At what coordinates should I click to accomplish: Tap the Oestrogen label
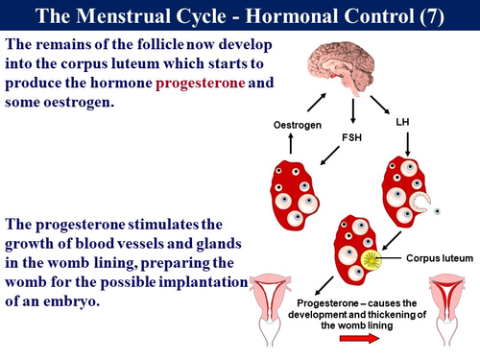pyautogui.click(x=297, y=124)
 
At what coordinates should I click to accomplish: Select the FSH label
pyautogui.click(x=354, y=137)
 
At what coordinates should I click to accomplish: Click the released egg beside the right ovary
pyautogui.click(x=437, y=210)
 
